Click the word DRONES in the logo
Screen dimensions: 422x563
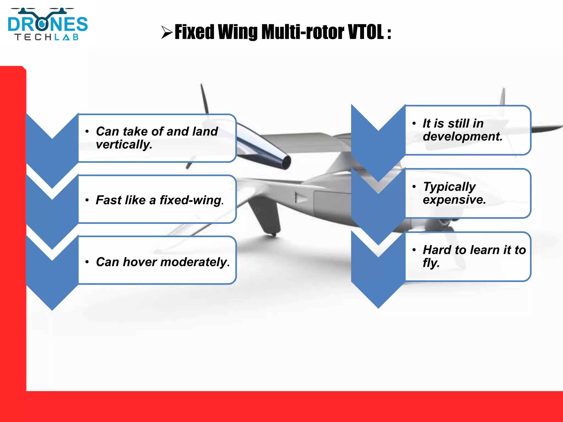coord(48,24)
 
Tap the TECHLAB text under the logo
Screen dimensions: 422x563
coord(47,37)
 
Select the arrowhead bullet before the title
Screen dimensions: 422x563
coord(167,32)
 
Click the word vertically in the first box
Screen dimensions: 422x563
coord(124,145)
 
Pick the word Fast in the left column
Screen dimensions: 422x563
coord(107,200)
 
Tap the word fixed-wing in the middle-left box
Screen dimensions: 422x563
coord(191,200)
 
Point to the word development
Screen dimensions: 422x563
coord(462,136)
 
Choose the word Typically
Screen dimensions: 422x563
coord(449,187)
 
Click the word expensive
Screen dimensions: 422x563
coord(454,200)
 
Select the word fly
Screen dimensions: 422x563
coord(430,263)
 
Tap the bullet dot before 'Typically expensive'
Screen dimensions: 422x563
coord(414,187)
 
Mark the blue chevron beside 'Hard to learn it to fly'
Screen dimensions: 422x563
coord(378,275)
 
